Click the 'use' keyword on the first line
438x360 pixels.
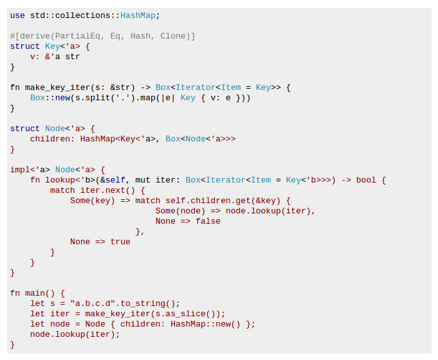click(17, 15)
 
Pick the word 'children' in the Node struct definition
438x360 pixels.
click(50, 139)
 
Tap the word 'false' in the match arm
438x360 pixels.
click(208, 221)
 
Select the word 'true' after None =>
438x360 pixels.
click(120, 242)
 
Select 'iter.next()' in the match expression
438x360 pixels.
click(108, 190)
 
